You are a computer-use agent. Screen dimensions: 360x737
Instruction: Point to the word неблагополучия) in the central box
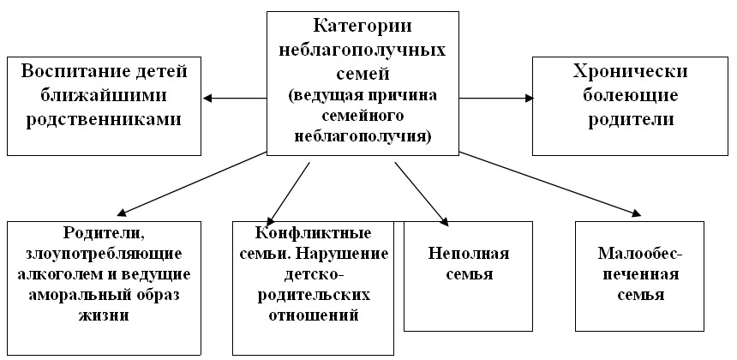click(363, 137)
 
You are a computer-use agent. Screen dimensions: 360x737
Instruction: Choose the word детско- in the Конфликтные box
click(312, 275)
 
